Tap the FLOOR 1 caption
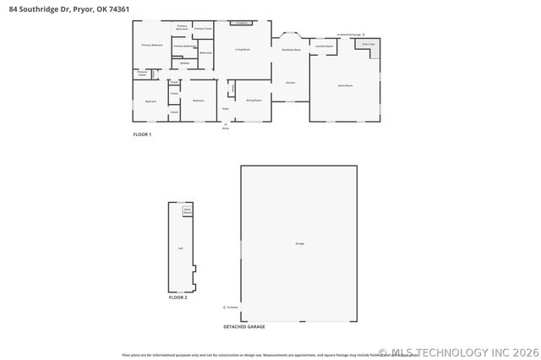click(142, 134)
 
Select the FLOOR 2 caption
click(178, 297)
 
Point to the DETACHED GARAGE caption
click(244, 326)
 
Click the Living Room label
click(243, 50)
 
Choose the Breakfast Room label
click(292, 51)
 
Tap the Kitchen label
click(290, 83)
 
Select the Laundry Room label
click(324, 46)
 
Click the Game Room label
click(345, 85)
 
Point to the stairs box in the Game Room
click(368, 44)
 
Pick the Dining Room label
click(254, 101)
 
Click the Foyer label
click(226, 109)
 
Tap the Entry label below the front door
click(226, 128)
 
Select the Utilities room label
click(183, 63)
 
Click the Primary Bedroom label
click(152, 44)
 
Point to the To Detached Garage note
click(349, 35)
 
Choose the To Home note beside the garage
click(231, 307)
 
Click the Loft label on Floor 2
click(180, 248)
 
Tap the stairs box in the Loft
click(188, 210)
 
